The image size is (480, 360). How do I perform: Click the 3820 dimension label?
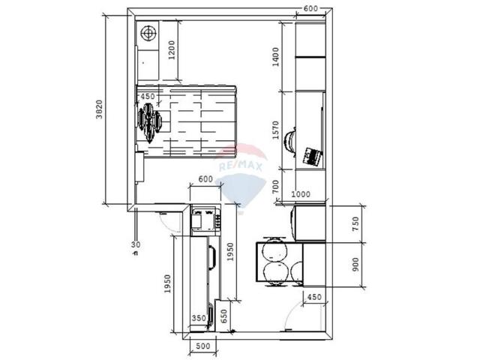tap(99, 109)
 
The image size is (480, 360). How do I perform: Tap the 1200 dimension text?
tap(172, 50)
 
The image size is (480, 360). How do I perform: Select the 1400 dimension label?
tap(275, 57)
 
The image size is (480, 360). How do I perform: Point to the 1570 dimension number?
tap(275, 130)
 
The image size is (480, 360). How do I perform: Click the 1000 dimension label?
tap(300, 194)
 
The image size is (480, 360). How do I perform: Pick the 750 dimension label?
tap(355, 223)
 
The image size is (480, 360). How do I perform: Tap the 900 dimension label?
tap(355, 264)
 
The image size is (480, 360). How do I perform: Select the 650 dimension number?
tap(224, 316)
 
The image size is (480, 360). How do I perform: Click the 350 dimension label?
tap(199, 318)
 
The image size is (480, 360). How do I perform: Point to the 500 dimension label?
tap(203, 346)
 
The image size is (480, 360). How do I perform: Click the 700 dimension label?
tap(275, 187)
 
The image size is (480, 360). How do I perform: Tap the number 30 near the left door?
tap(136, 244)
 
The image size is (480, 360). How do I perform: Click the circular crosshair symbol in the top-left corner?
tap(148, 32)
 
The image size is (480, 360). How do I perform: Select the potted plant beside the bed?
tap(149, 122)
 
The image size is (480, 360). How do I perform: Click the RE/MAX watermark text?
tap(241, 166)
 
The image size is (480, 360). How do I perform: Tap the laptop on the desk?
tap(313, 156)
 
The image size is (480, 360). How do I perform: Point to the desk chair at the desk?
tap(290, 142)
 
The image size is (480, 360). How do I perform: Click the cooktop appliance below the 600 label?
tap(205, 220)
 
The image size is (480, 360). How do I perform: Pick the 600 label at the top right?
tap(310, 8)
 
